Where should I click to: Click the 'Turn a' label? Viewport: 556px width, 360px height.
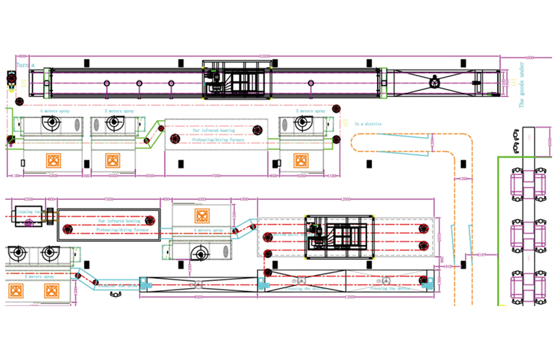[24, 65]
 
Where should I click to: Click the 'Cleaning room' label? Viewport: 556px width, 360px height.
[30, 210]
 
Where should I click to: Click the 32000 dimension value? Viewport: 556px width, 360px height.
[265, 56]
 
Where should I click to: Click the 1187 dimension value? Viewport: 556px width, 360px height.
[482, 255]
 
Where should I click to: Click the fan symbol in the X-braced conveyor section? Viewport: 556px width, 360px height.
[435, 83]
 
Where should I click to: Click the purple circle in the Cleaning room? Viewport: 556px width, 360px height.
[28, 223]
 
